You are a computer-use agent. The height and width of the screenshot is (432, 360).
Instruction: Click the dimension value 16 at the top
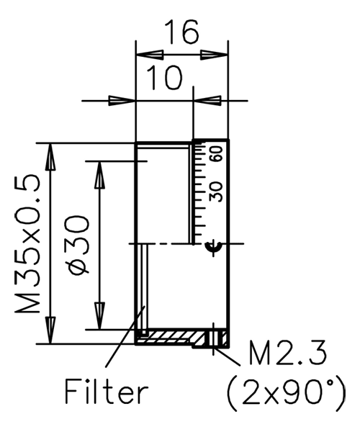(181, 33)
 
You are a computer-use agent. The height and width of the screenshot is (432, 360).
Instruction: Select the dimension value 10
(165, 77)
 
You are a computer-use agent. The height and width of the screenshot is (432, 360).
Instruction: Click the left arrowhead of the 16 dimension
(146, 55)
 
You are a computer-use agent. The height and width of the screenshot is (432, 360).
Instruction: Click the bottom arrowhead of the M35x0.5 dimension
(50, 333)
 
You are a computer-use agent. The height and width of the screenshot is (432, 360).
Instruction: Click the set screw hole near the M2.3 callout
(213, 337)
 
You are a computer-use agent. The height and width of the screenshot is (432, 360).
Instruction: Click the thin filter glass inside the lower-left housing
(144, 288)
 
